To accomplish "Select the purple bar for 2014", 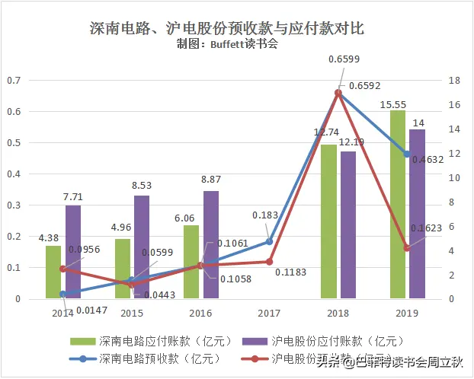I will [x=73, y=252].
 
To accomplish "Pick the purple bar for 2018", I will [x=347, y=225].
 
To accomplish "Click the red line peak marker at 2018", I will [x=338, y=93].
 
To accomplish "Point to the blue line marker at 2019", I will [x=407, y=154].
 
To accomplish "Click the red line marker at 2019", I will [x=407, y=248].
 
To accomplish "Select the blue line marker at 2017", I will [x=269, y=242].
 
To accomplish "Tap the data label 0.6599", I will [x=344, y=59].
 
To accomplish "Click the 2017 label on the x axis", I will [x=270, y=313].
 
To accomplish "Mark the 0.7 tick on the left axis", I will [x=13, y=81].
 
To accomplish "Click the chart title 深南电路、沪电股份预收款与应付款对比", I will [x=226, y=29].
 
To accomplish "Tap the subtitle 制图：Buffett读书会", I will [x=226, y=44].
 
